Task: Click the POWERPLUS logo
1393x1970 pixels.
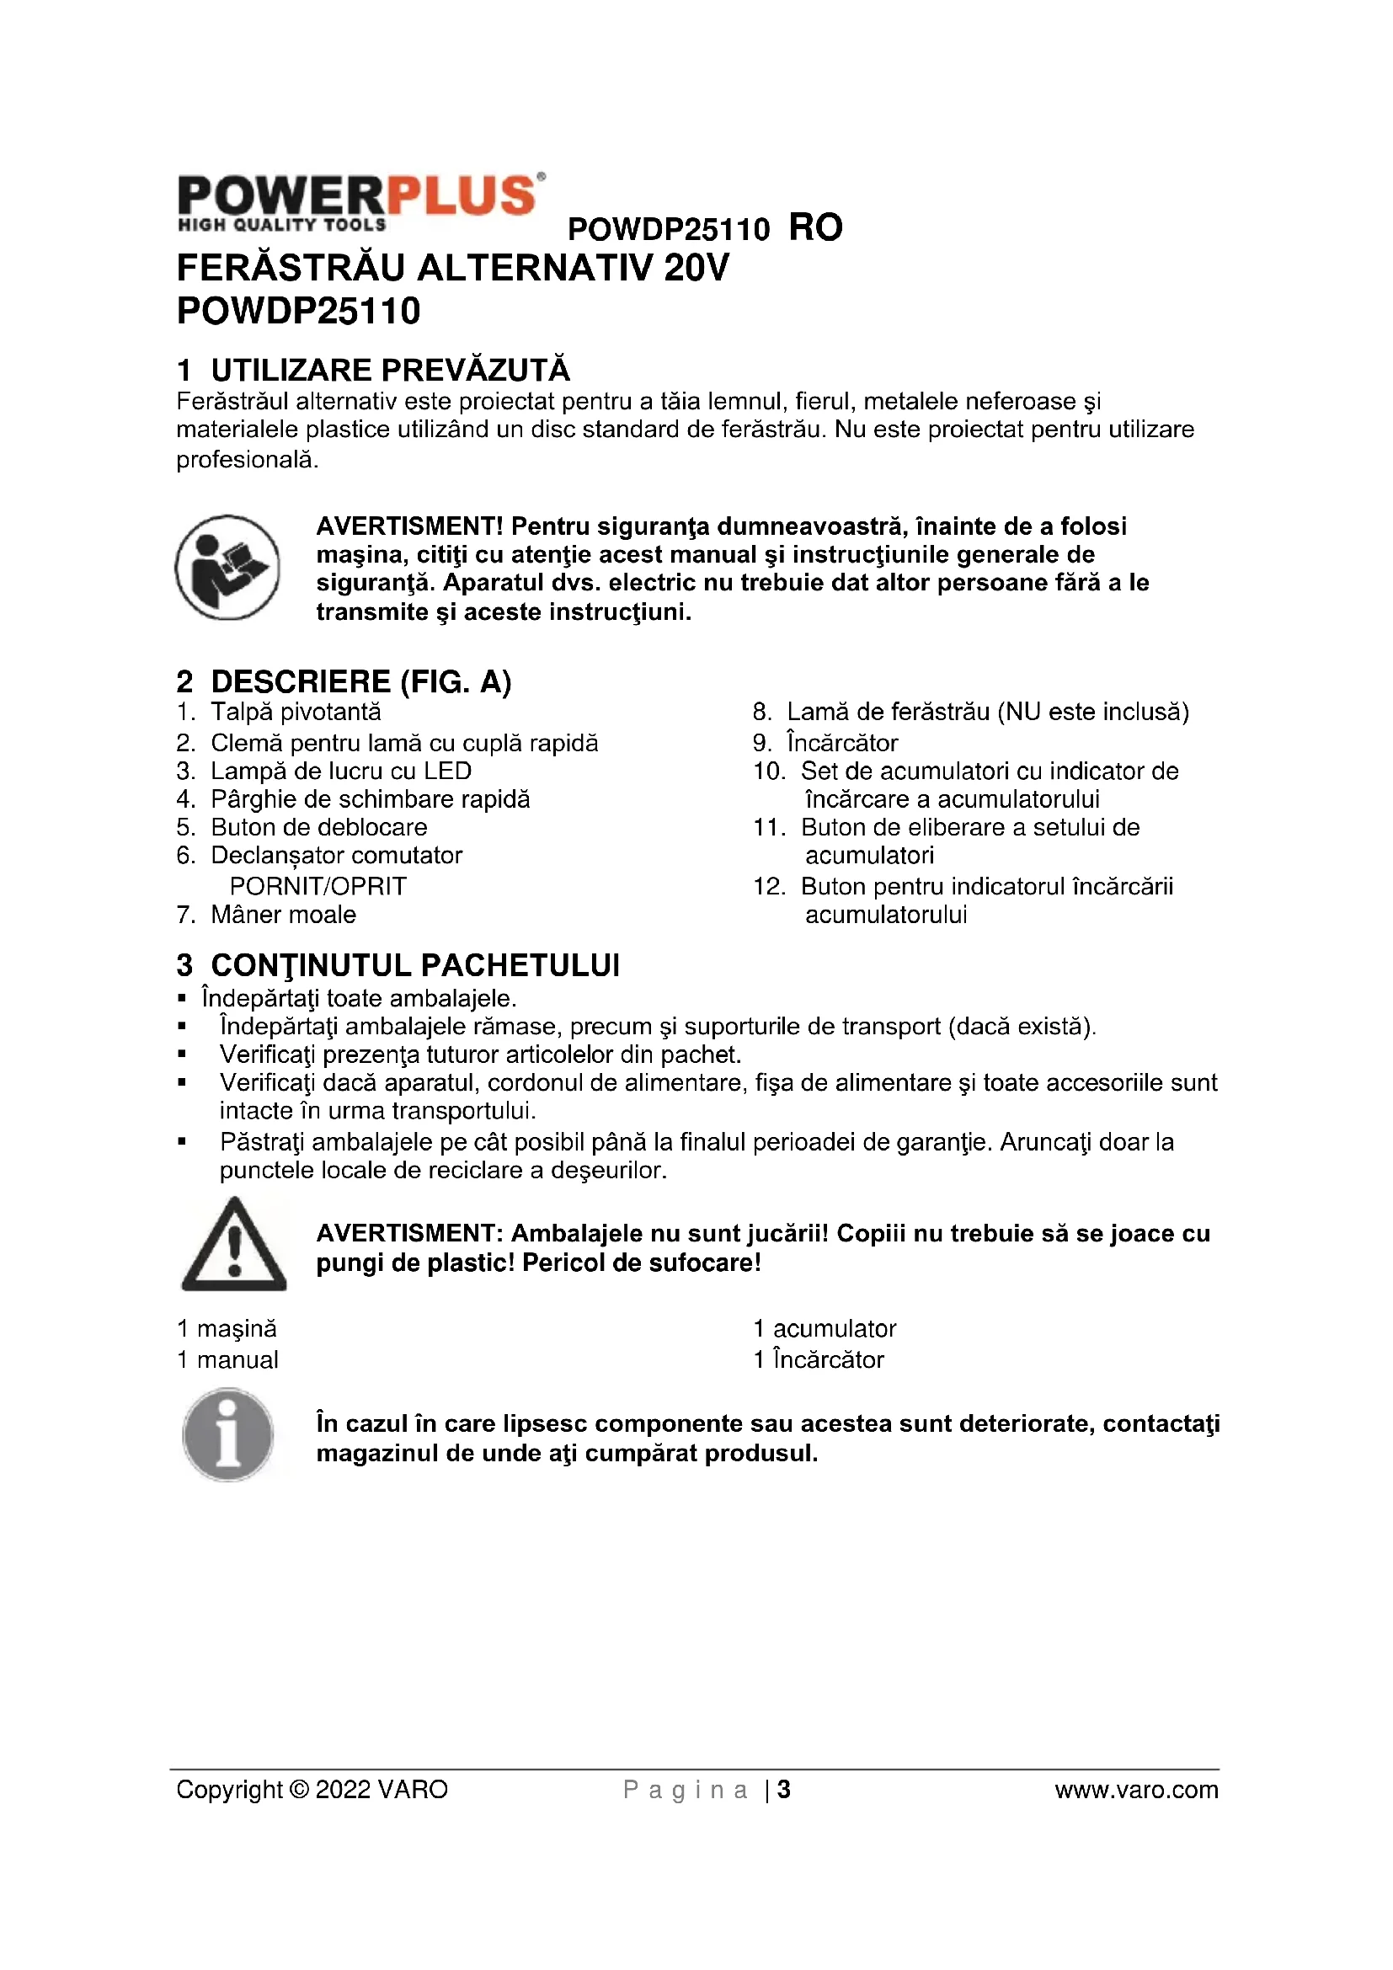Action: coord(360,202)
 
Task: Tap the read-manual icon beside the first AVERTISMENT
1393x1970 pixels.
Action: coord(227,567)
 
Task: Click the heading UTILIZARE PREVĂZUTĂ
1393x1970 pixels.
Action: coord(389,371)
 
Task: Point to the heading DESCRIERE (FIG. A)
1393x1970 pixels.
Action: coord(360,682)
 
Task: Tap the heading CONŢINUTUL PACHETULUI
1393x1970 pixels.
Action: coord(414,965)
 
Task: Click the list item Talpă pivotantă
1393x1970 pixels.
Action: coord(295,713)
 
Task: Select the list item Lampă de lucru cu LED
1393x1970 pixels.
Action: coord(340,771)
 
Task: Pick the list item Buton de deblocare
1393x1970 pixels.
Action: coord(318,828)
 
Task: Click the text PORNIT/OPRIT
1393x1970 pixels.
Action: coord(318,886)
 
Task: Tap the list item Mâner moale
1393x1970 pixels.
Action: coord(283,915)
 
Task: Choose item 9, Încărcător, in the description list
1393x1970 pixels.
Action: coord(841,743)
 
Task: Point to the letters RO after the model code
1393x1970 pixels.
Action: coord(815,228)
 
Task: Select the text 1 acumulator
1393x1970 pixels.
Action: coord(825,1329)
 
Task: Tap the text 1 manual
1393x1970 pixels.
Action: coord(227,1360)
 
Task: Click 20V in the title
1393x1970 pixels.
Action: coord(696,269)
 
